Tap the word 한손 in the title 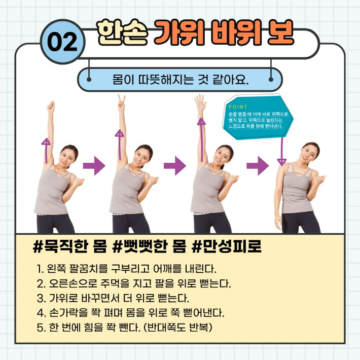(x=122, y=32)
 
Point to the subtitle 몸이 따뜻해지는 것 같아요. (x=179, y=80)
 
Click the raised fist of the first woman (x=51, y=106)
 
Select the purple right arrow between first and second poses (x=94, y=165)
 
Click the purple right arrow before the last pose (x=258, y=165)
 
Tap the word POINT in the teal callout (x=238, y=107)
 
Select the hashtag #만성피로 (x=227, y=249)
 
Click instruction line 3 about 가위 (x=116, y=297)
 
